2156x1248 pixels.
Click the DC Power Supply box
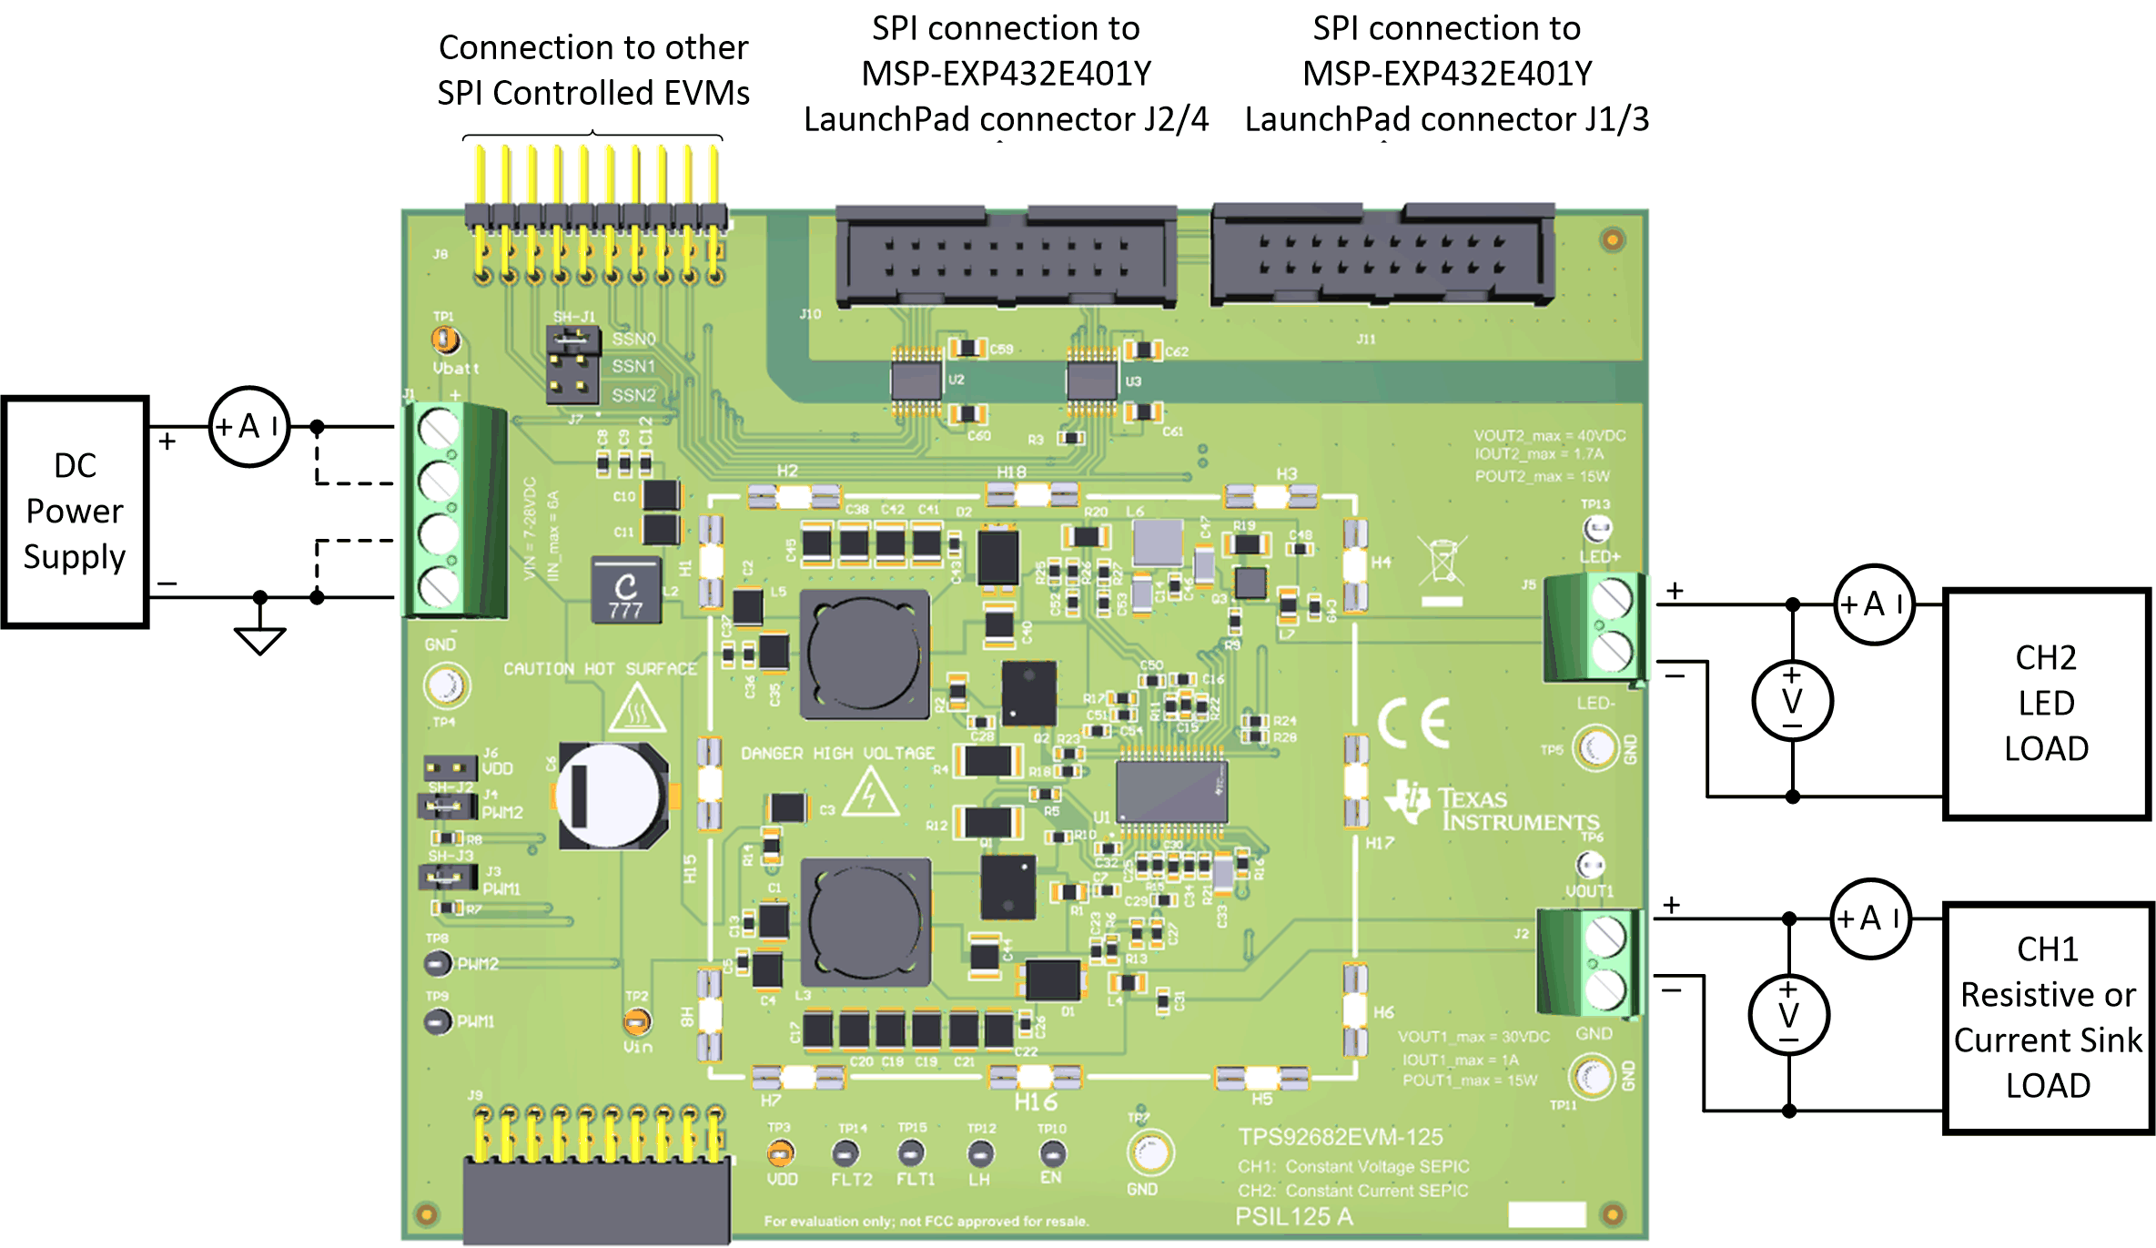pos(76,512)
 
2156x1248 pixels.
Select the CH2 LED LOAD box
pos(2046,704)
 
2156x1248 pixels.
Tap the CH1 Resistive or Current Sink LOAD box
pos(2048,1018)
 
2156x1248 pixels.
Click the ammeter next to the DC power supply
pos(248,427)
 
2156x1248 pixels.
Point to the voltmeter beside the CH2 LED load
pos(1792,701)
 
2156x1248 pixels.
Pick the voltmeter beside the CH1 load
pos(1788,1015)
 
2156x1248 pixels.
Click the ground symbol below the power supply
pos(259,640)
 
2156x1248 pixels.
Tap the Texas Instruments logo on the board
pos(1493,807)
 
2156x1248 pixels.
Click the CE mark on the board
pos(1413,724)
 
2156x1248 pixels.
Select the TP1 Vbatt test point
pos(445,340)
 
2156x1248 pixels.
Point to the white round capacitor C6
pos(608,796)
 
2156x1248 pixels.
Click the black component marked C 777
pos(626,591)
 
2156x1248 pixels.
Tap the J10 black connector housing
pos(1006,256)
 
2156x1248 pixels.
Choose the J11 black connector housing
pos(1382,254)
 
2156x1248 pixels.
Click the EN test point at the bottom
pos(1052,1154)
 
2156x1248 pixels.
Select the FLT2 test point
pos(846,1154)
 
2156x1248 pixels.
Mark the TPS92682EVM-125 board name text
pos(1340,1137)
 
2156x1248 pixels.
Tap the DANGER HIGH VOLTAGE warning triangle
pos(870,792)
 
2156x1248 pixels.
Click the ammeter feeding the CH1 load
pos(1869,918)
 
